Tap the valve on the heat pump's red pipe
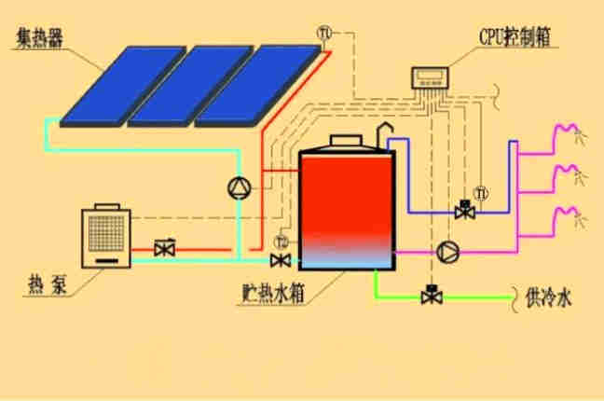point(165,249)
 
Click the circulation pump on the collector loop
point(240,187)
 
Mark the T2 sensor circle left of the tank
point(282,243)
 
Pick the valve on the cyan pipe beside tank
point(279,258)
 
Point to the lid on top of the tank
point(341,140)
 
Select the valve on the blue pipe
point(463,212)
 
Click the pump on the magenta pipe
point(446,251)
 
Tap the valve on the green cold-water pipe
point(431,296)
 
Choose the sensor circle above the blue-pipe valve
point(481,194)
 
